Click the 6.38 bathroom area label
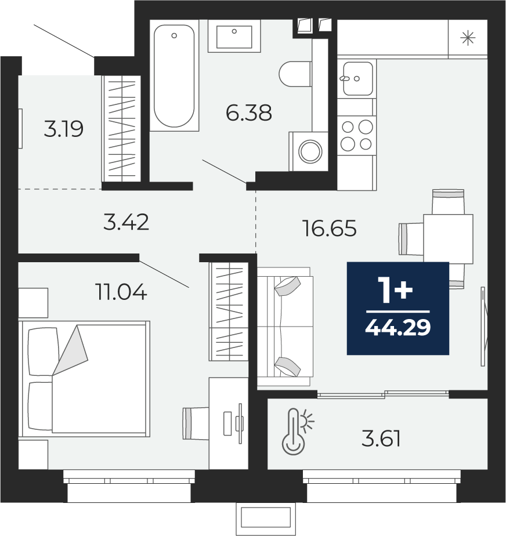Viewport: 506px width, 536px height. [x=249, y=113]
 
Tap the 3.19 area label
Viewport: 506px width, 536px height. [x=64, y=129]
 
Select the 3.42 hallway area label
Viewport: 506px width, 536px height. [x=126, y=222]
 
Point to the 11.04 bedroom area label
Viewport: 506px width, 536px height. [x=122, y=292]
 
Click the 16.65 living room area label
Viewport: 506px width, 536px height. [x=330, y=229]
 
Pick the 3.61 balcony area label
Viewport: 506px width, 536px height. [x=381, y=439]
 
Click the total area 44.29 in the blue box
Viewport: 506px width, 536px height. [x=397, y=328]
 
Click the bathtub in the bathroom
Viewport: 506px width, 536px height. [x=174, y=75]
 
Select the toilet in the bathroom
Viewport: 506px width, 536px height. [x=295, y=74]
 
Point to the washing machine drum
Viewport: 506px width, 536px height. [x=310, y=151]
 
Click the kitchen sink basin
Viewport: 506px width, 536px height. [x=357, y=79]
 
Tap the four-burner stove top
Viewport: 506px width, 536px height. [x=357, y=136]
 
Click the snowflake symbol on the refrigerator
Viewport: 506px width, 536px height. [x=468, y=38]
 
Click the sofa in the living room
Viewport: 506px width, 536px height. [x=285, y=327]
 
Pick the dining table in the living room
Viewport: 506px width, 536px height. [x=448, y=238]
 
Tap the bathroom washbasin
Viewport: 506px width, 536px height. [x=234, y=36]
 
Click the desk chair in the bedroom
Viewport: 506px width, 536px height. [x=196, y=423]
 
